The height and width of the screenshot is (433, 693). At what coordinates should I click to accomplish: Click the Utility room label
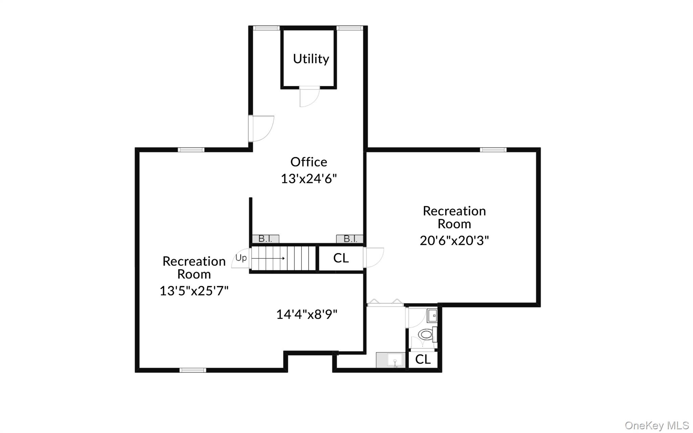[311, 59]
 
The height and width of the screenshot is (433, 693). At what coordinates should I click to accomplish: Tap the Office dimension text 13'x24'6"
[309, 179]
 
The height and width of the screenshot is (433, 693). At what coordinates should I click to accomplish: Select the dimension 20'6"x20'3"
[454, 241]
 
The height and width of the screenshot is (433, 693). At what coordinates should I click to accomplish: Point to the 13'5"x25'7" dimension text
[194, 291]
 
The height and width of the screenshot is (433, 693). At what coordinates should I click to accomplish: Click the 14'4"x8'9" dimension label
[307, 314]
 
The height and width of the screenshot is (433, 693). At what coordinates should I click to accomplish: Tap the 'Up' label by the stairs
[241, 258]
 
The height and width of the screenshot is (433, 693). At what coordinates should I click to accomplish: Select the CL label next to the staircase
[341, 258]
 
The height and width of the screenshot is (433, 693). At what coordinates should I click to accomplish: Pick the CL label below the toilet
[423, 359]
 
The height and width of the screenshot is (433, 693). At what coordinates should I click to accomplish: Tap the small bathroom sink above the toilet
[432, 316]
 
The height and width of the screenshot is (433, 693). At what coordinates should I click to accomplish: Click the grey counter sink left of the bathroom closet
[391, 360]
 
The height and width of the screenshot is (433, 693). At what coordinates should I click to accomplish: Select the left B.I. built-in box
[266, 239]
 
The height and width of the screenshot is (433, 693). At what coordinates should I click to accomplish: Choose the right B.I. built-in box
[350, 239]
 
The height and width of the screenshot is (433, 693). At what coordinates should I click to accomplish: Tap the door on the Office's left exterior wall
[261, 129]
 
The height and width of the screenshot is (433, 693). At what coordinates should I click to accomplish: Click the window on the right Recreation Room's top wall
[493, 150]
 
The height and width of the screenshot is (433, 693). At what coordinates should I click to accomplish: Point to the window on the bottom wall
[193, 370]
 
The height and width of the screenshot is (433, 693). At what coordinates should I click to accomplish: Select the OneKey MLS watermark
[656, 425]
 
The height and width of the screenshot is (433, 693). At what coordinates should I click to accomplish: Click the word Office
[309, 162]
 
